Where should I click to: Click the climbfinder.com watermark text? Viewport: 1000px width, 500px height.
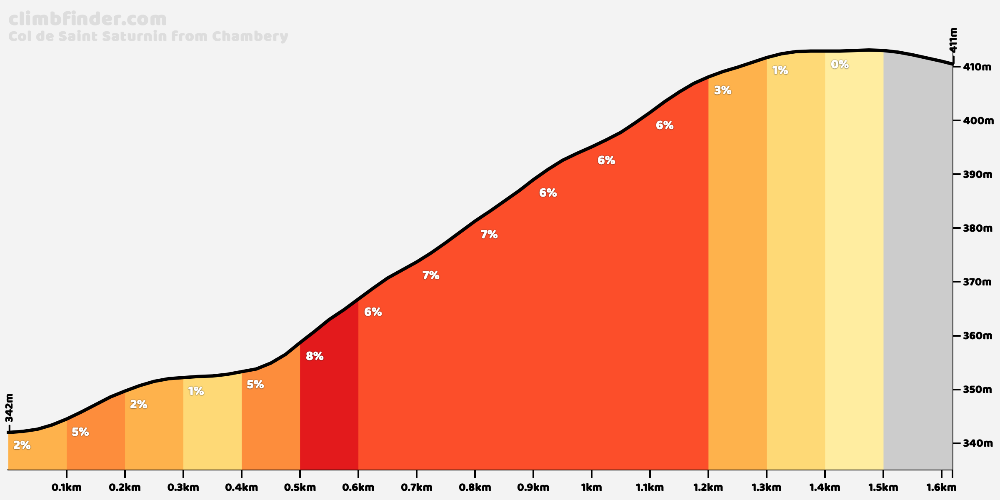pyautogui.click(x=87, y=20)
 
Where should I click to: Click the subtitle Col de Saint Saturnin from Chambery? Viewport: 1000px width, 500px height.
pyautogui.click(x=148, y=36)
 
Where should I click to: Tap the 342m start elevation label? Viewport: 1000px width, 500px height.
pyautogui.click(x=10, y=408)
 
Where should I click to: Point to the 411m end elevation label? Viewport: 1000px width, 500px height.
pyautogui.click(x=953, y=40)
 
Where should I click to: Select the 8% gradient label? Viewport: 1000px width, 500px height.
pyautogui.click(x=315, y=356)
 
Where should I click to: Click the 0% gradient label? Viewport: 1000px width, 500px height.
pyautogui.click(x=840, y=65)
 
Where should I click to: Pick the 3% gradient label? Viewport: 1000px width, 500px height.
pyautogui.click(x=722, y=90)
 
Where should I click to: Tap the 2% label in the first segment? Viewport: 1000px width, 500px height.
pyautogui.click(x=22, y=445)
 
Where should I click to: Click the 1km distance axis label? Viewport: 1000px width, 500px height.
pyautogui.click(x=591, y=487)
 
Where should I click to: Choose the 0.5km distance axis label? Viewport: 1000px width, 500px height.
pyautogui.click(x=300, y=487)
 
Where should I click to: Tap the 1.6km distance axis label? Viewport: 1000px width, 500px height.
pyautogui.click(x=941, y=487)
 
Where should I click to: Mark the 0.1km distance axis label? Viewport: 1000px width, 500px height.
pyautogui.click(x=66, y=487)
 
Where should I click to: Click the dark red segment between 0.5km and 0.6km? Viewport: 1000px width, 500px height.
pyautogui.click(x=329, y=417)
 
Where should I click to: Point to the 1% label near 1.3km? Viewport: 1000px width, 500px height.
pyautogui.click(x=780, y=71)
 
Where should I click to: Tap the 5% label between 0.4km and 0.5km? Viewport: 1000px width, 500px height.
pyautogui.click(x=255, y=385)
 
